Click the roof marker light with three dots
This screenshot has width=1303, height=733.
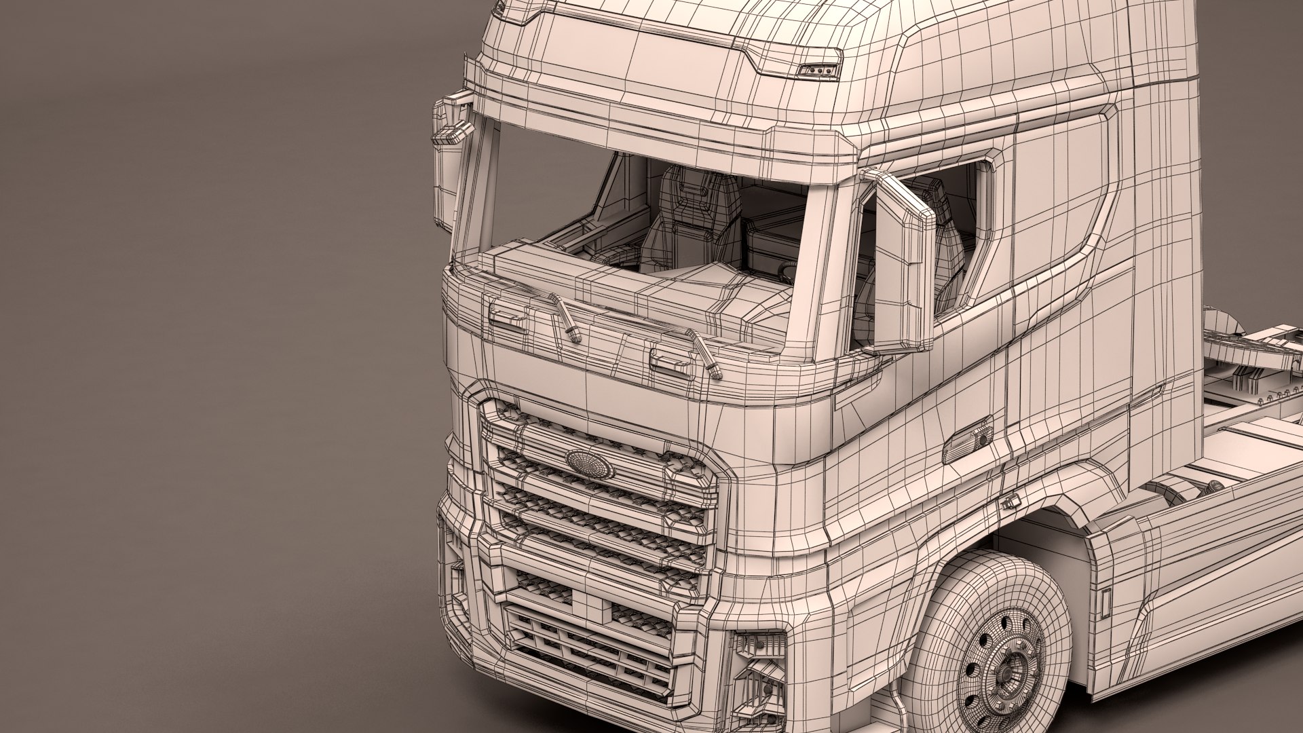(820, 71)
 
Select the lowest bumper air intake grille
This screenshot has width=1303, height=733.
(584, 645)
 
